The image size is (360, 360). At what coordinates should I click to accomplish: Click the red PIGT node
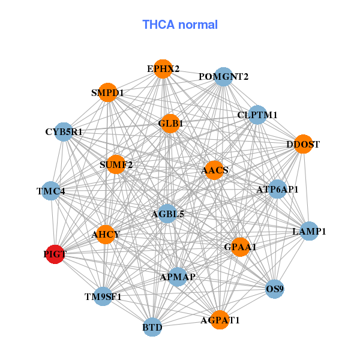pyautogui.click(x=55, y=254)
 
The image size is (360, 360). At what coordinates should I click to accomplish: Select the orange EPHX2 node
pyautogui.click(x=162, y=68)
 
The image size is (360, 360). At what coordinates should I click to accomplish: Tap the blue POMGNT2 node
pyautogui.click(x=223, y=77)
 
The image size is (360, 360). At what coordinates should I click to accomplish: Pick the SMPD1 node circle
pyautogui.click(x=107, y=93)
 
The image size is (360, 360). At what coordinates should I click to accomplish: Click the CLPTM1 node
pyautogui.click(x=257, y=115)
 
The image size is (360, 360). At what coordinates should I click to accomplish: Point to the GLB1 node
pyautogui.click(x=170, y=124)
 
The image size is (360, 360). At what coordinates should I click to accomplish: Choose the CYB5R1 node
pyautogui.click(x=64, y=131)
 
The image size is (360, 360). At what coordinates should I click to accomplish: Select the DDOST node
pyautogui.click(x=304, y=145)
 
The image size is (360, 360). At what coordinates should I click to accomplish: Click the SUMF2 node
pyautogui.click(x=116, y=164)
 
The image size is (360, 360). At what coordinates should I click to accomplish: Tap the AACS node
pyautogui.click(x=214, y=170)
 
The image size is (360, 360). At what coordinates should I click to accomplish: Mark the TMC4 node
pyautogui.click(x=51, y=191)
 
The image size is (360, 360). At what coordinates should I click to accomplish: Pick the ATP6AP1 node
pyautogui.click(x=277, y=190)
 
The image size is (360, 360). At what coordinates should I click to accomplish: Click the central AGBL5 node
pyautogui.click(x=167, y=213)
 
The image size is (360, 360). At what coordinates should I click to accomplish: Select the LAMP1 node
pyautogui.click(x=308, y=231)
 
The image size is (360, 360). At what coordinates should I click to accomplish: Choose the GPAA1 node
pyautogui.click(x=239, y=247)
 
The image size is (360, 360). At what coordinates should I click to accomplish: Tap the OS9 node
pyautogui.click(x=274, y=289)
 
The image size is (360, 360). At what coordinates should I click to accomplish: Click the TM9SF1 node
pyautogui.click(x=103, y=296)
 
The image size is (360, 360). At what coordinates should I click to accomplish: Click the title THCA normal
pyautogui.click(x=180, y=25)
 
